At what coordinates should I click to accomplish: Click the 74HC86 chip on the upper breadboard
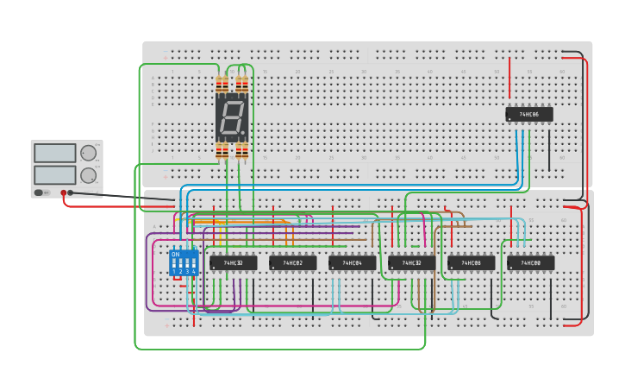pos(528,114)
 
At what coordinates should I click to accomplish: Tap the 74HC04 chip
pos(352,262)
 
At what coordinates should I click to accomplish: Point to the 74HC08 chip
pos(471,262)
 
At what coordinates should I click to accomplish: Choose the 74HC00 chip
pos(530,262)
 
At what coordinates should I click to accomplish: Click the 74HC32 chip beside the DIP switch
pos(233,262)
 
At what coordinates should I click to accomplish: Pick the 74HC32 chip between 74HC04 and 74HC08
pos(411,262)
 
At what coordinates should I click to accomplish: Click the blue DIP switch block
pos(184,262)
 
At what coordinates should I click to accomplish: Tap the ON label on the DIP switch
pos(176,255)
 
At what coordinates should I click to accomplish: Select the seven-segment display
pos(232,117)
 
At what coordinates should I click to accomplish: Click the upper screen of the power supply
pos(54,154)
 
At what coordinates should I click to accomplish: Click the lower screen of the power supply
pos(54,174)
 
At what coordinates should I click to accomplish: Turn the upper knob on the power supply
pos(88,154)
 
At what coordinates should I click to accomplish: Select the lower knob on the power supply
pos(88,175)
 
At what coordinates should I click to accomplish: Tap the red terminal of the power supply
pos(63,192)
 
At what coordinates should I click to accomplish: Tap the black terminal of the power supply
pos(71,192)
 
